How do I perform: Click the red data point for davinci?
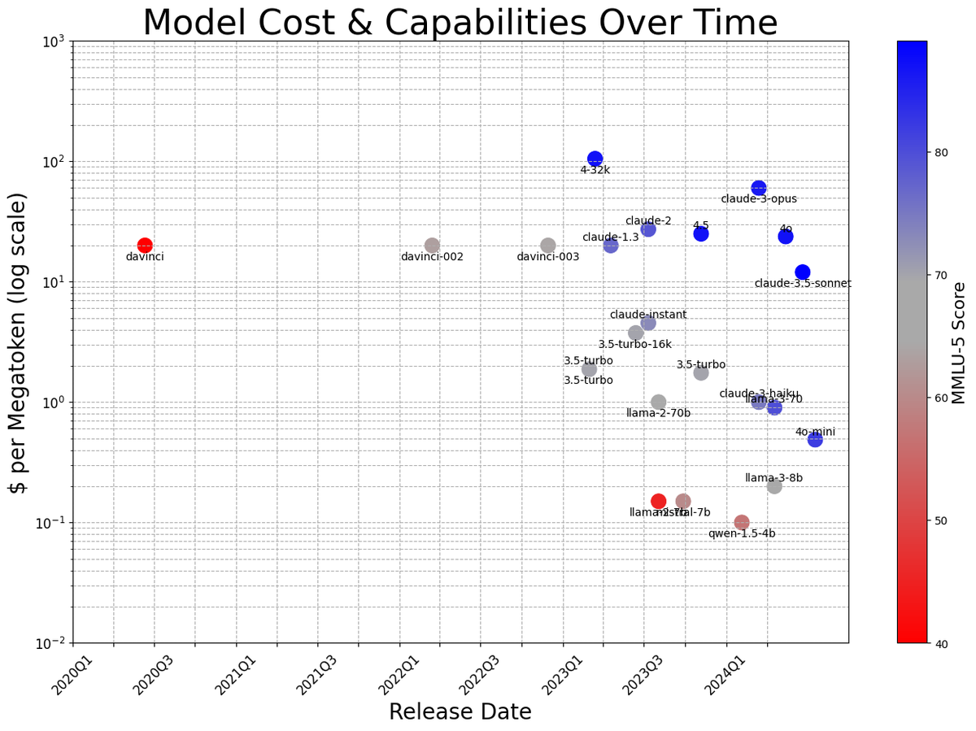(145, 246)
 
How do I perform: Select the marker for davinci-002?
(432, 246)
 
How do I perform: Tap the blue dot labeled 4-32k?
(595, 159)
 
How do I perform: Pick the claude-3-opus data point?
(759, 188)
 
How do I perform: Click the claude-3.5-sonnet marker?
(803, 272)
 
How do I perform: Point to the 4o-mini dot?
(815, 439)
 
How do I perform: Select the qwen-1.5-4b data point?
(742, 522)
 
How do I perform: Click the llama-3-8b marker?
(774, 486)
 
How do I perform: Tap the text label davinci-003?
(548, 257)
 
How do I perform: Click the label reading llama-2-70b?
(658, 414)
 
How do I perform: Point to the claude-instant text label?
(648, 315)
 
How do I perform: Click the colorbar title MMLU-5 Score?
(960, 342)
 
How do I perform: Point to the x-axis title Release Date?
(460, 711)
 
